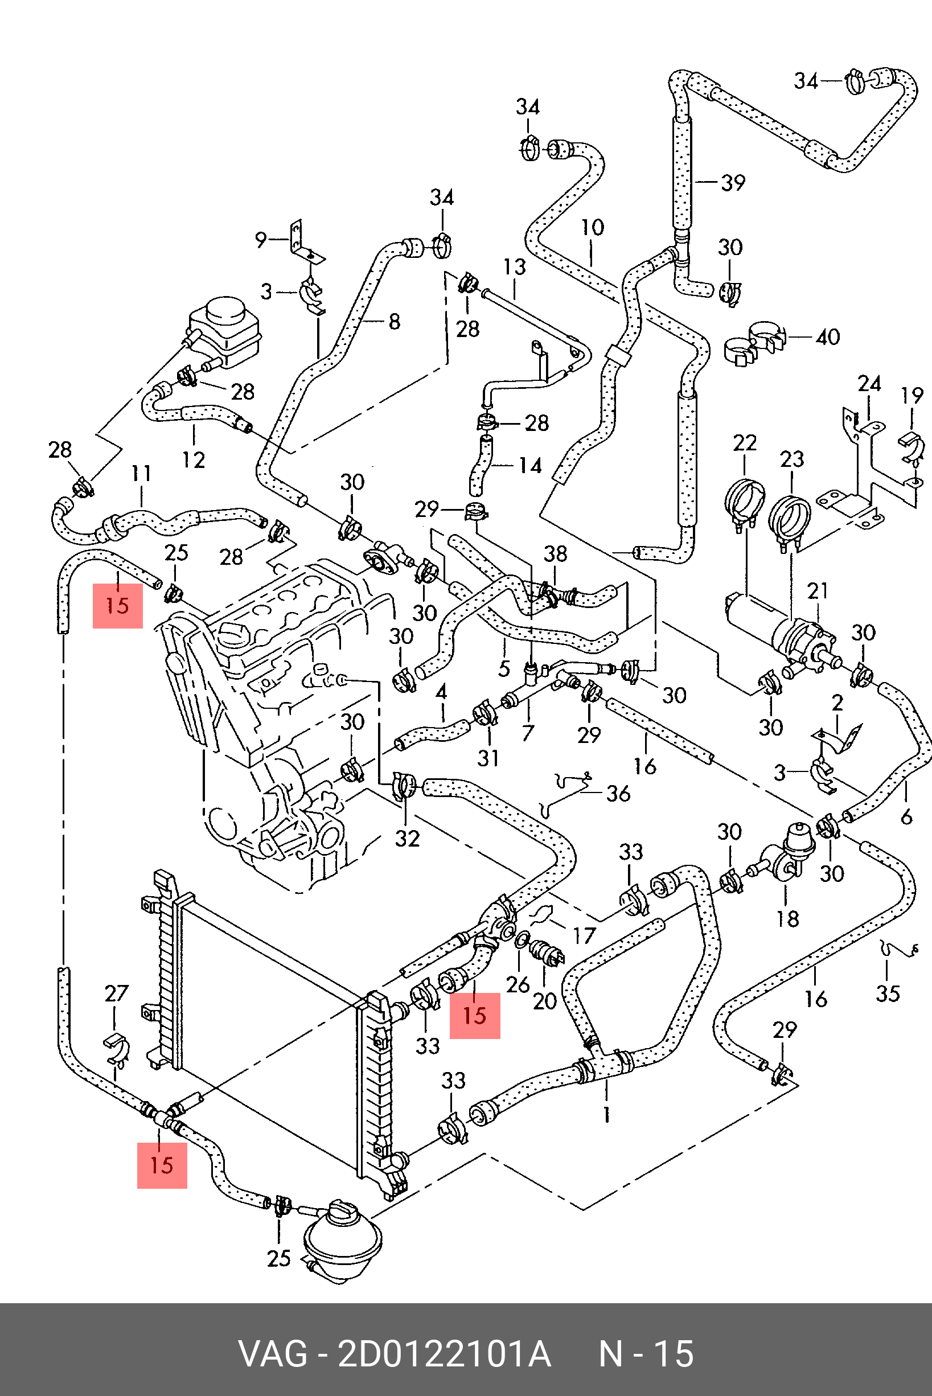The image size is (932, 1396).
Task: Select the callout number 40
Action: [827, 337]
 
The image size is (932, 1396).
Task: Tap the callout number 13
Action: [515, 267]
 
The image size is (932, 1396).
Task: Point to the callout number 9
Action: [261, 240]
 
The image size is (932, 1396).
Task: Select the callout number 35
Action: [888, 993]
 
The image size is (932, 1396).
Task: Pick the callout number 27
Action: [117, 993]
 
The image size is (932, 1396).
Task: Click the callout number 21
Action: [818, 591]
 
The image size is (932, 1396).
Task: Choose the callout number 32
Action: [407, 839]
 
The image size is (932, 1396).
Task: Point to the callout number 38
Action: [555, 554]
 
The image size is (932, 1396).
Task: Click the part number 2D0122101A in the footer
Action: [444, 1353]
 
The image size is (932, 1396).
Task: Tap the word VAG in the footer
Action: [273, 1353]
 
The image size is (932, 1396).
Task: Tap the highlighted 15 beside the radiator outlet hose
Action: [474, 1016]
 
